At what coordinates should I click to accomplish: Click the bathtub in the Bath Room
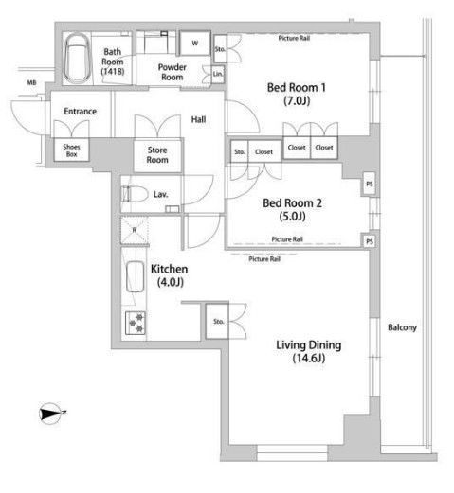click(x=78, y=59)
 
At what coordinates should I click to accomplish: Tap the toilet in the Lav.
click(x=135, y=194)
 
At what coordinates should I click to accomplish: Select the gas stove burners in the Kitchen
click(x=136, y=323)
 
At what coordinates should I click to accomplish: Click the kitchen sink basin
click(x=135, y=276)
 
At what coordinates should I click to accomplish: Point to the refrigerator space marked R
click(x=135, y=230)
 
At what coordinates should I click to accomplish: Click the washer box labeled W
click(x=195, y=44)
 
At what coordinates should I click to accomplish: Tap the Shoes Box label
click(x=71, y=150)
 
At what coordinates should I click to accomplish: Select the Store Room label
click(x=157, y=155)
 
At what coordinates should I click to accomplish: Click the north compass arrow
click(x=50, y=414)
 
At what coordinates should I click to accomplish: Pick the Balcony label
click(x=402, y=327)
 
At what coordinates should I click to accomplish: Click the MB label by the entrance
click(x=31, y=83)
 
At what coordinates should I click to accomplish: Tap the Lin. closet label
click(x=218, y=74)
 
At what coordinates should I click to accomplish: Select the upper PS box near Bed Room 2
click(x=370, y=184)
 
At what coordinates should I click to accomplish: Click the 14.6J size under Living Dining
click(x=308, y=359)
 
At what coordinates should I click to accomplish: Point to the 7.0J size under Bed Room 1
click(x=297, y=101)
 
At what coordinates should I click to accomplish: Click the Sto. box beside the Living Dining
click(x=217, y=322)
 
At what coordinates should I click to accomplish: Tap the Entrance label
click(x=81, y=112)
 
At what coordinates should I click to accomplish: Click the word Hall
click(x=198, y=119)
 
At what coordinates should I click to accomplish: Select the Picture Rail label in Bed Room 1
click(x=294, y=38)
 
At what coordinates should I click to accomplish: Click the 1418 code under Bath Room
click(x=113, y=72)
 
